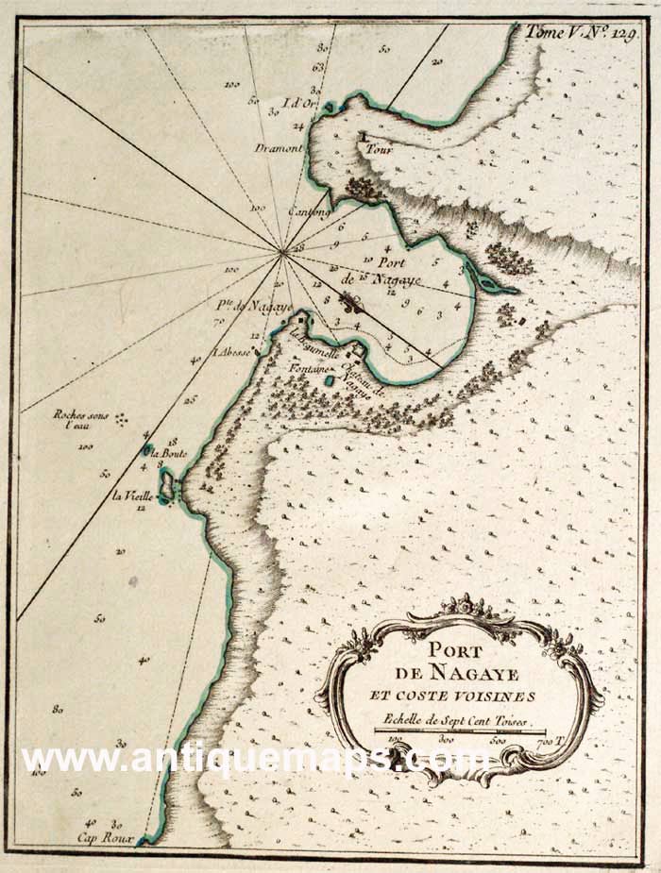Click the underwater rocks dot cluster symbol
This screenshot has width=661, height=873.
pyautogui.click(x=121, y=419)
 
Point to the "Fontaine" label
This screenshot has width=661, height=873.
pyautogui.click(x=306, y=367)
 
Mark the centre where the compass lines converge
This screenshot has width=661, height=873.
pyautogui.click(x=282, y=251)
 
